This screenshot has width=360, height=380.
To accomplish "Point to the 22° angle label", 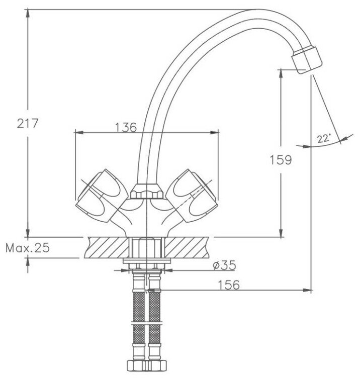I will [324, 138].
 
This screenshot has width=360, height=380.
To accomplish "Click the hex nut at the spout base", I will [145, 193].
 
